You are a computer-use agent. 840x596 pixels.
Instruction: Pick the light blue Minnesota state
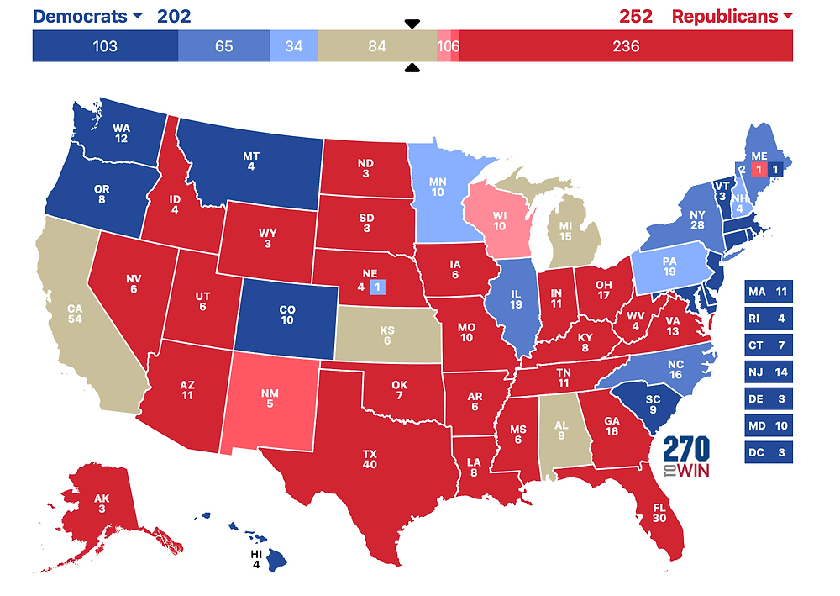coord(438,189)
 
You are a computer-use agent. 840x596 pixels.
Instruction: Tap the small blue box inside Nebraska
coord(377,287)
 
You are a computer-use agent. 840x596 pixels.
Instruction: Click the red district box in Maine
coord(758,170)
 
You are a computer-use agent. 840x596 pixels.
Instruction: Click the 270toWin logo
coord(686,457)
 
